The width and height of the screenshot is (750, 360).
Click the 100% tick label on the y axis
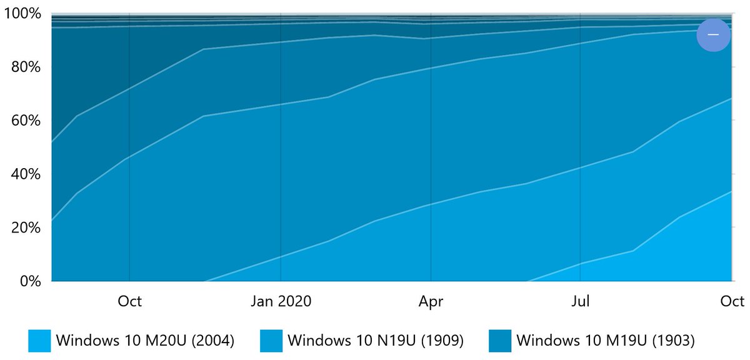click(x=24, y=14)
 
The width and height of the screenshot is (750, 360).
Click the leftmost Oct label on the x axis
click(x=129, y=301)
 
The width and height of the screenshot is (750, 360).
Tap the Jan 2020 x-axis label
click(x=281, y=301)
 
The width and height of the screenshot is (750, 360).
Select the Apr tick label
click(x=431, y=301)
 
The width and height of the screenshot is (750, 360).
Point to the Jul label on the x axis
click(x=581, y=301)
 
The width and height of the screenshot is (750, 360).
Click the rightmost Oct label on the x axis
click(x=732, y=301)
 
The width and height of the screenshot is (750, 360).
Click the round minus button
click(x=713, y=34)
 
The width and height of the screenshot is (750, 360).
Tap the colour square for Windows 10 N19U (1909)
click(x=271, y=341)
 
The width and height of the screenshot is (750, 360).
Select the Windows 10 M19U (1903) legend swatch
click(x=501, y=341)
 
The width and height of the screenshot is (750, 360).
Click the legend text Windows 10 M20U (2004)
click(x=145, y=341)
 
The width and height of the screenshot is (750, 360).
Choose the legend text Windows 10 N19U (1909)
click(x=375, y=341)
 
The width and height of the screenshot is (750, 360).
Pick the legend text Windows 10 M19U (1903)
click(x=606, y=341)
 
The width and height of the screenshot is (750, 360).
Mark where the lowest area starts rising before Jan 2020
click(x=206, y=281)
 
